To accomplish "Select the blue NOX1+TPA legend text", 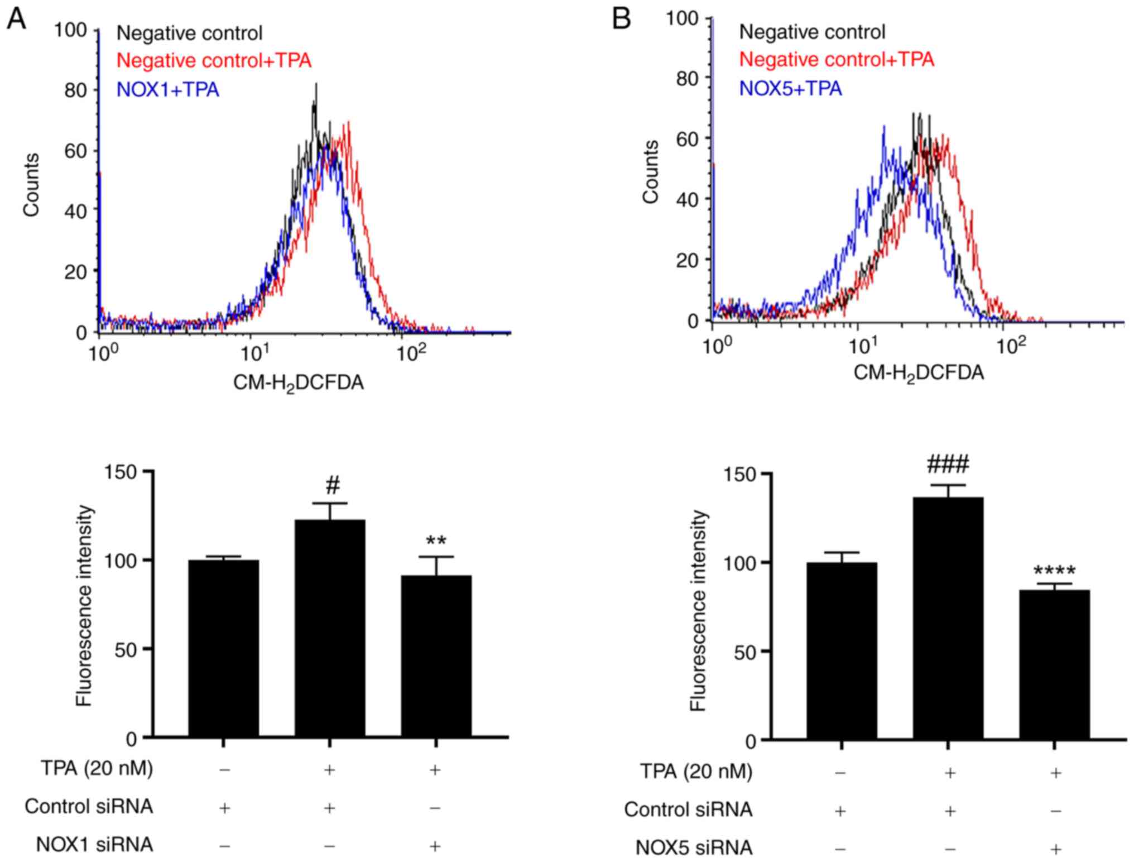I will coord(167,89).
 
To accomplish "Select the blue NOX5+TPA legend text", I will coord(790,88).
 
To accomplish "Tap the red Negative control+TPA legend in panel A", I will coord(214,60).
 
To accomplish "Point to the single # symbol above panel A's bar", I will coord(333,486).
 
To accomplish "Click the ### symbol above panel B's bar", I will coord(948,464).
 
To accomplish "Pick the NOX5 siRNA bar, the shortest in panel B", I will coord(1054,664).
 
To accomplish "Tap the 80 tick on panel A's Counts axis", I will coord(75,90).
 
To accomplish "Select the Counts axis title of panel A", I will coord(31,184).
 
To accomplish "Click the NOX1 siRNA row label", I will coord(94,844).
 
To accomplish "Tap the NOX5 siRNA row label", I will coord(693,847).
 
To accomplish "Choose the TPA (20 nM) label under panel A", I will coord(97,768).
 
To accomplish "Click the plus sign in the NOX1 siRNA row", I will coord(435,846).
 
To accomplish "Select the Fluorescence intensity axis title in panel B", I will coord(698,610).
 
